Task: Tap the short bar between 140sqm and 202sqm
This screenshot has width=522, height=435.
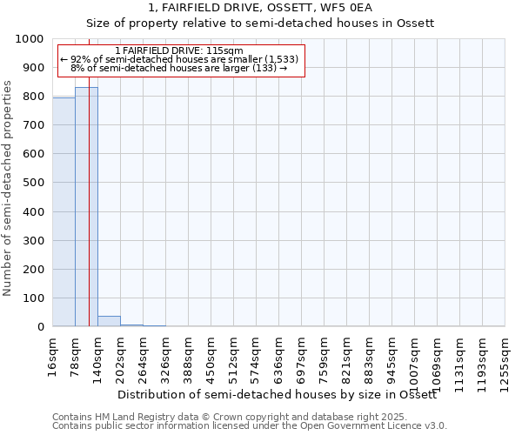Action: point(109,321)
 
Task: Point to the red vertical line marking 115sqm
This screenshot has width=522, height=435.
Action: point(89,217)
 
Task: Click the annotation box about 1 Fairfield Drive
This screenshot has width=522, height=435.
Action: point(180,59)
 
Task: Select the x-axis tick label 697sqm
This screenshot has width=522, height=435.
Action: point(302,355)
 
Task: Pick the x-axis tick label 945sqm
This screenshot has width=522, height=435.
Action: point(392,355)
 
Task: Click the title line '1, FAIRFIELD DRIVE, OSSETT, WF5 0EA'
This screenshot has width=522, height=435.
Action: point(260,8)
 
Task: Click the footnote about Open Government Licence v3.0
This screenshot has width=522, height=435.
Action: point(250,426)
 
